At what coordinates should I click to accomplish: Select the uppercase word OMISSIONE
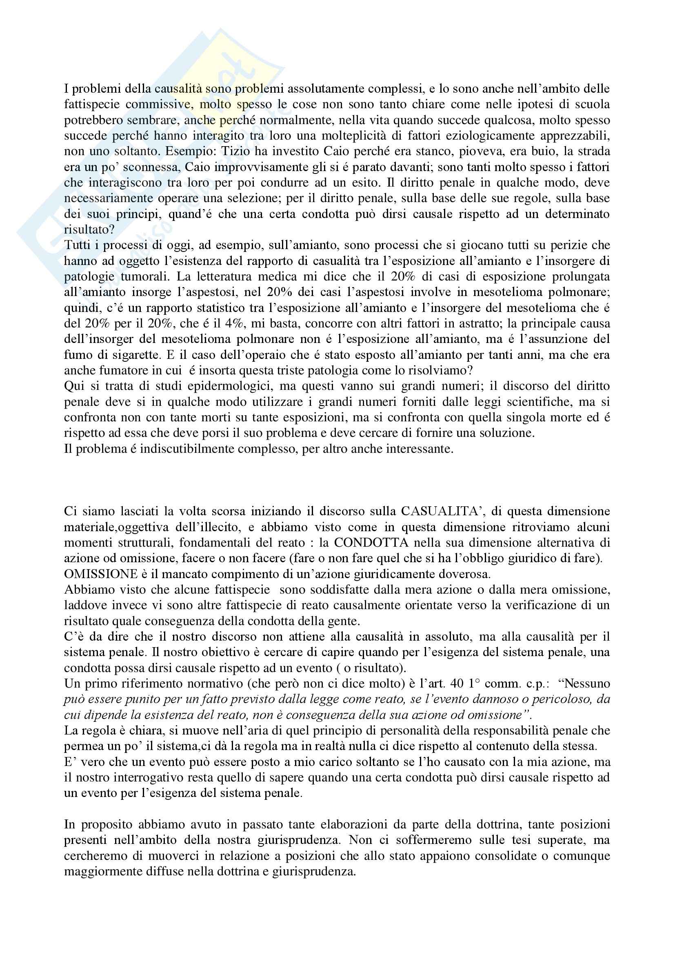pos(100,574)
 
